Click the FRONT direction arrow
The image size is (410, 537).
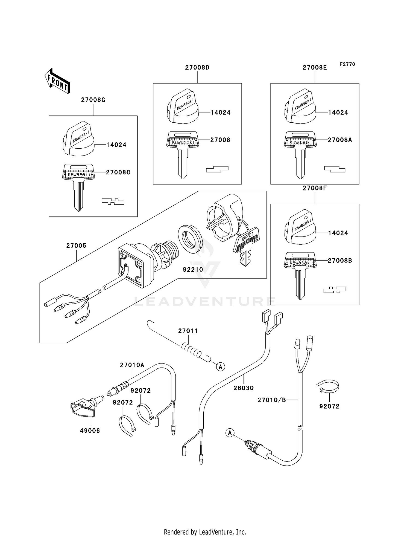click(x=58, y=81)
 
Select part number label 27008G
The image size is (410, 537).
click(x=93, y=100)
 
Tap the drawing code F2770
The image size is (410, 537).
click(x=347, y=64)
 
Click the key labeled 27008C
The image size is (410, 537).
click(x=79, y=186)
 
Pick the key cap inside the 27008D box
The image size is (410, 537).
click(x=182, y=107)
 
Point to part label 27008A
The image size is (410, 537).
click(x=340, y=140)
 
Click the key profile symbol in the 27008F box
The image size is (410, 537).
click(x=335, y=290)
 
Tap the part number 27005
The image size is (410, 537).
click(x=76, y=246)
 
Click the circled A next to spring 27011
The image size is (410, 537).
click(x=221, y=366)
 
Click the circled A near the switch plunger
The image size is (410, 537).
click(x=230, y=433)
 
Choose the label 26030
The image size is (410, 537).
click(x=244, y=388)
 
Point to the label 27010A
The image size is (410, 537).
click(x=132, y=365)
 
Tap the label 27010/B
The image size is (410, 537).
click(x=272, y=400)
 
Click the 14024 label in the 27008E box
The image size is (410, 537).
click(x=338, y=112)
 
